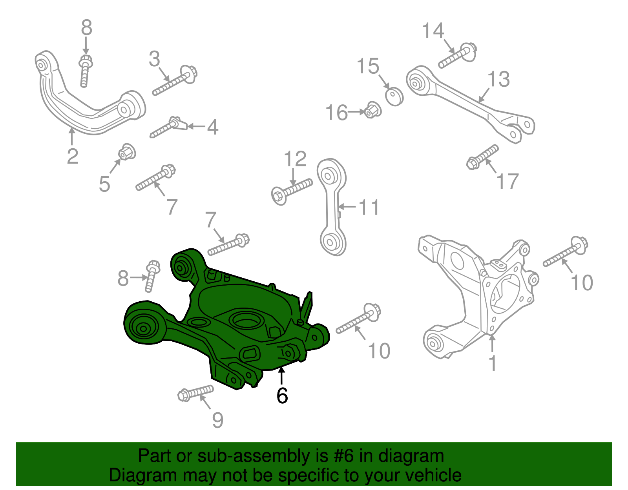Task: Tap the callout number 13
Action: [x=498, y=79]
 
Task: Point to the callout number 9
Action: [x=217, y=420]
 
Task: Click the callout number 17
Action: [x=508, y=181]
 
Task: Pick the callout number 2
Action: [x=73, y=156]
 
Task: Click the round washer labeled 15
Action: [x=394, y=96]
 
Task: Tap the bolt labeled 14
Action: [x=457, y=56]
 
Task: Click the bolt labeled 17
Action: [x=482, y=156]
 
